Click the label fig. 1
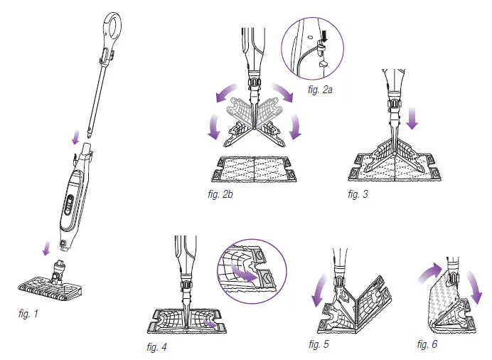(29, 312)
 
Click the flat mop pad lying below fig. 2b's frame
(252, 168)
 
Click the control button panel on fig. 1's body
(69, 203)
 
